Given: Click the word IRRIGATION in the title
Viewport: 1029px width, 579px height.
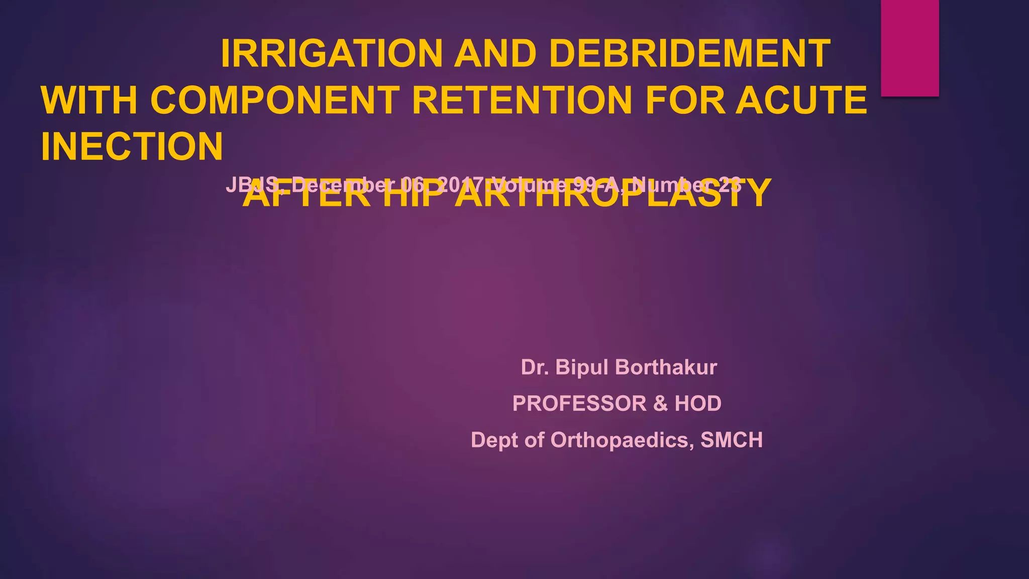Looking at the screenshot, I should [x=332, y=54].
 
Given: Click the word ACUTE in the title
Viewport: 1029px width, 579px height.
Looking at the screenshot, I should [x=801, y=100].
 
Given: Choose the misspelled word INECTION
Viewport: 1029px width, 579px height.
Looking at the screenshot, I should [x=132, y=147].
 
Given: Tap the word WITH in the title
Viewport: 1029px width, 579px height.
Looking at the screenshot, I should [x=89, y=100].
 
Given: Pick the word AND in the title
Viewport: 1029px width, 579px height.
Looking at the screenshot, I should [x=495, y=54].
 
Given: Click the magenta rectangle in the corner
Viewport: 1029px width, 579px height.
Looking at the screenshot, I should [x=910, y=48].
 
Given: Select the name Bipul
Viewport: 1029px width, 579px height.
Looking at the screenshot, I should [x=582, y=367].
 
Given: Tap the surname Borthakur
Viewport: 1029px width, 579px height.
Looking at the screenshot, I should [x=666, y=367].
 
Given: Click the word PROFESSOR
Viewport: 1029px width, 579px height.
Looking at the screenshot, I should [x=579, y=404].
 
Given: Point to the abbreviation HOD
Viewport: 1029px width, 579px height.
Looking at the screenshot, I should [x=698, y=404].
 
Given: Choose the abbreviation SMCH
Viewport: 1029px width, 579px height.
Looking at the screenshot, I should [x=732, y=440].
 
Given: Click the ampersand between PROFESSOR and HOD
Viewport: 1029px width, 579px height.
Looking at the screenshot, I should [x=660, y=404].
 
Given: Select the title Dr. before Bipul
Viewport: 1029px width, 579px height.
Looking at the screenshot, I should [x=535, y=367].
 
